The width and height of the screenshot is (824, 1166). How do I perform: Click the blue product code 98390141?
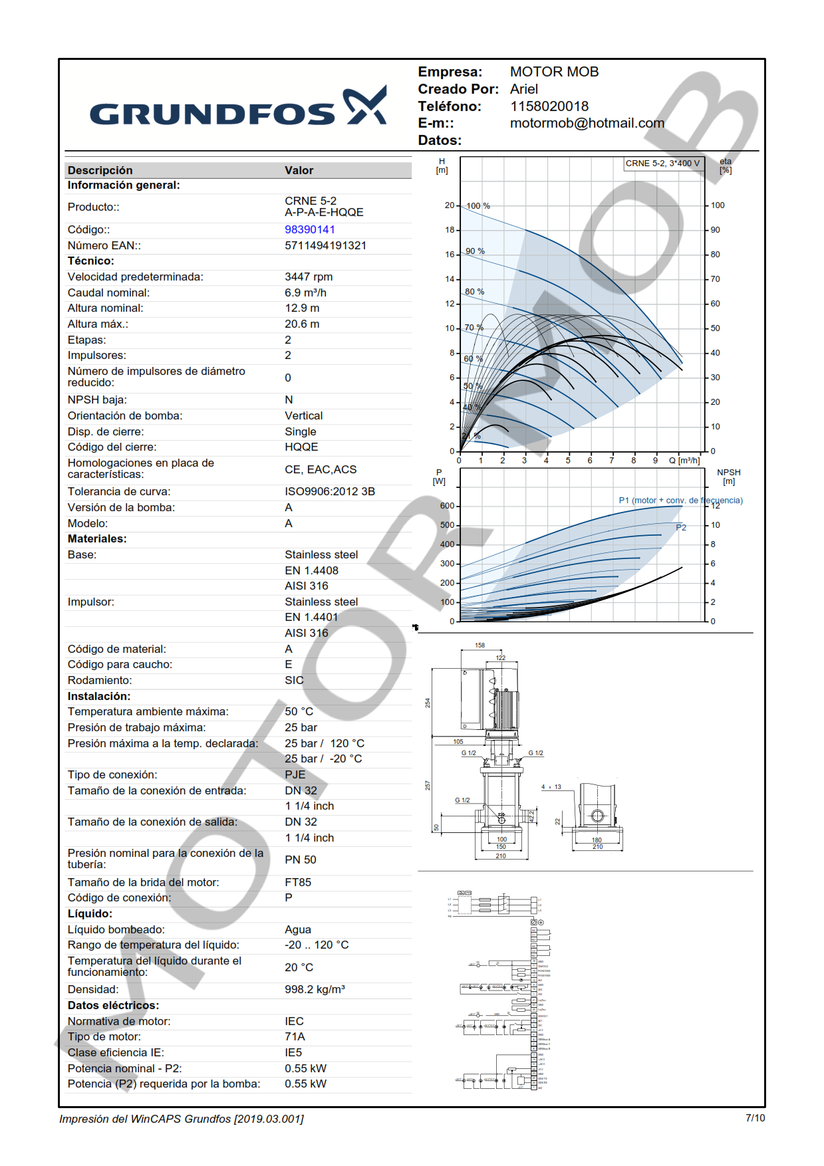(x=310, y=229)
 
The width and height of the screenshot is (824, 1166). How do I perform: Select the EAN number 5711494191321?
(x=325, y=245)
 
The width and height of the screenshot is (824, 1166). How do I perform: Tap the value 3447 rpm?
(x=309, y=277)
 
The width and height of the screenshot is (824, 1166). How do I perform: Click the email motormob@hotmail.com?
(x=587, y=123)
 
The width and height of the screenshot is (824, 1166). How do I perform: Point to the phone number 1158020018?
(x=549, y=106)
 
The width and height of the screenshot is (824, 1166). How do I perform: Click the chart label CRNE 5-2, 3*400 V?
(x=662, y=164)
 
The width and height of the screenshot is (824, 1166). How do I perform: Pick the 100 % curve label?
(x=478, y=206)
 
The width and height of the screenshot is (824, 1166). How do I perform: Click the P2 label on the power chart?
(x=681, y=527)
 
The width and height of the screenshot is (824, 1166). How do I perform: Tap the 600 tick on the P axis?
(x=447, y=506)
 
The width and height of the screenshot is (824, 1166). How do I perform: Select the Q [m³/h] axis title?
(x=684, y=460)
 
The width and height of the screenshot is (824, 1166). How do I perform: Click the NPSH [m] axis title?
(x=729, y=477)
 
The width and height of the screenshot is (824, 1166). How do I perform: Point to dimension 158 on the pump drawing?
(x=480, y=645)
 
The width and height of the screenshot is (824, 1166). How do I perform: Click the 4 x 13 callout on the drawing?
(x=551, y=787)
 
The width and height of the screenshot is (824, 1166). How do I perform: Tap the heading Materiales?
(x=97, y=539)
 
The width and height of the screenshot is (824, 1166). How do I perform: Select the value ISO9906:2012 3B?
(x=330, y=492)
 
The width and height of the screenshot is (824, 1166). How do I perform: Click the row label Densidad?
(x=93, y=990)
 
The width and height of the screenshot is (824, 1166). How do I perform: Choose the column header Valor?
(x=299, y=171)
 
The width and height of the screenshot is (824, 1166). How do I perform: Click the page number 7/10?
(x=755, y=1118)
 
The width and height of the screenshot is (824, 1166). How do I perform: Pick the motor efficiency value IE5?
(x=293, y=1053)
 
